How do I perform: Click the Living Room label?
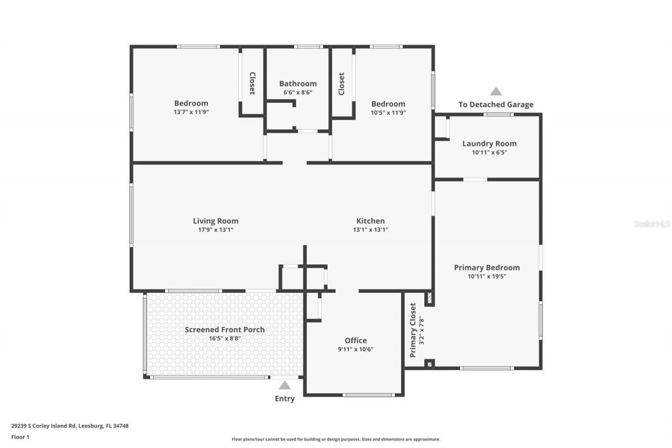click(x=215, y=221)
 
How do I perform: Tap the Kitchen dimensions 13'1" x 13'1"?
click(x=370, y=230)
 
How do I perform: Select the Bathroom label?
click(x=298, y=84)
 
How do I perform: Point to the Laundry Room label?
click(x=489, y=143)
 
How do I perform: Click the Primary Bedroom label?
click(x=487, y=267)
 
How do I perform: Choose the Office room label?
click(x=355, y=340)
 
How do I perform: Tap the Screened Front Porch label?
click(x=225, y=329)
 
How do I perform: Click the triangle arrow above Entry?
click(x=285, y=386)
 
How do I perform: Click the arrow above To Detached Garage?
click(x=496, y=91)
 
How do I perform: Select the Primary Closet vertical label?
click(x=413, y=330)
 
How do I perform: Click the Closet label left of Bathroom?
click(x=252, y=84)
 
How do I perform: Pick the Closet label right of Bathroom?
click(x=341, y=84)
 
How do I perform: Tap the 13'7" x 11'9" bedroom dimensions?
click(x=191, y=112)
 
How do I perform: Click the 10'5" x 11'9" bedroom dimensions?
click(x=388, y=112)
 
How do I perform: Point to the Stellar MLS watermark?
click(x=652, y=224)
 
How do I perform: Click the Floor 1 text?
click(x=20, y=436)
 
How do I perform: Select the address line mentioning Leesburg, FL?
click(x=70, y=426)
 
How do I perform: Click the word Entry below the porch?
click(x=285, y=399)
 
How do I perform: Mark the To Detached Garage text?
click(x=496, y=105)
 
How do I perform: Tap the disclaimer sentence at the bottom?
click(x=336, y=439)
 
